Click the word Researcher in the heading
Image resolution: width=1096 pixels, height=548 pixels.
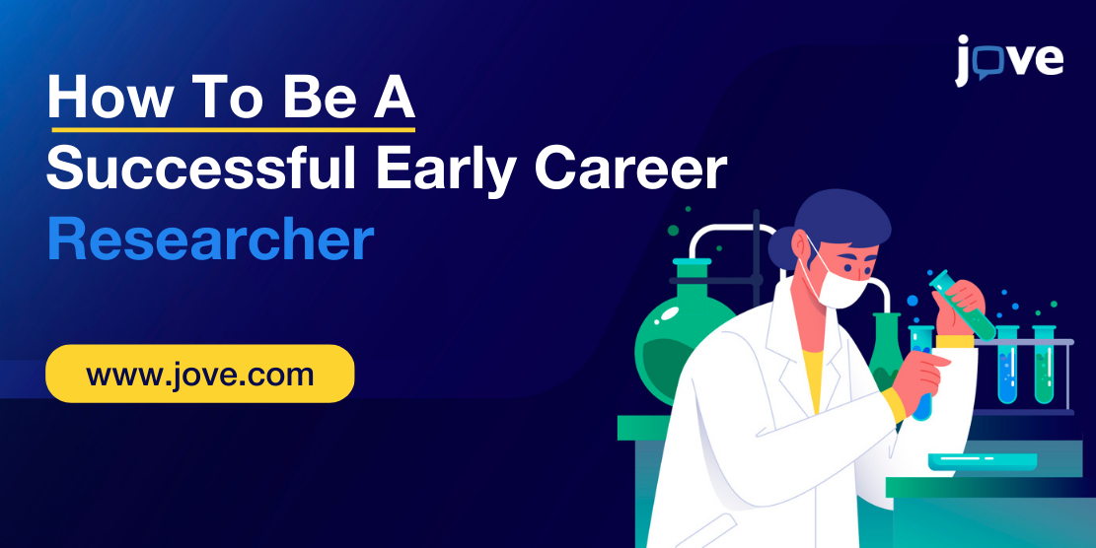click(x=210, y=240)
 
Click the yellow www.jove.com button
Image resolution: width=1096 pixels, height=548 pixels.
click(x=200, y=374)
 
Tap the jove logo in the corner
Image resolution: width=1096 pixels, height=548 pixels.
click(x=1009, y=60)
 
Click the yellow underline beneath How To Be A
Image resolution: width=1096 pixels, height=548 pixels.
click(x=234, y=129)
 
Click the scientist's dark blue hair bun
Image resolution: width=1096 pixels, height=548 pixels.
click(x=781, y=247)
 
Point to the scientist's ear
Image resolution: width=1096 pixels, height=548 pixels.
click(x=802, y=244)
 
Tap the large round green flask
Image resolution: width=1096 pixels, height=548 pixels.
click(x=678, y=334)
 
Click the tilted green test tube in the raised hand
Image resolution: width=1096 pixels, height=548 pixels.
click(x=961, y=305)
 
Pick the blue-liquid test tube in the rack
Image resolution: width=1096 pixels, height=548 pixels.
click(x=1007, y=365)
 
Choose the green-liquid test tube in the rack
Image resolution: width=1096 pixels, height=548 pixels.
click(x=1044, y=365)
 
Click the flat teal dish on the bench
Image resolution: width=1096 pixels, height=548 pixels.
click(x=983, y=461)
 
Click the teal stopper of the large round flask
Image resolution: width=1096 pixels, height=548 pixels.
click(x=692, y=262)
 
